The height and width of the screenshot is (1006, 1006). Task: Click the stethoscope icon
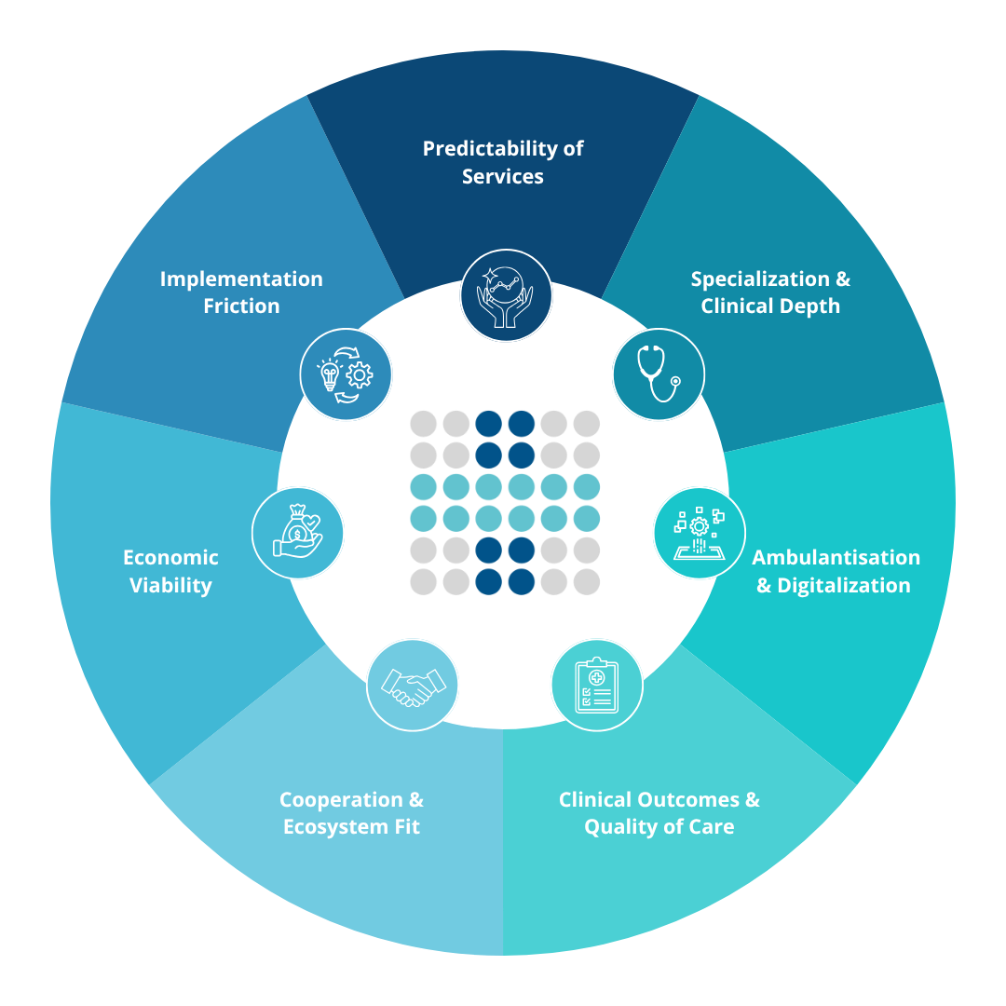[x=659, y=374]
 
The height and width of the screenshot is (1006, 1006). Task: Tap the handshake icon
[x=413, y=688]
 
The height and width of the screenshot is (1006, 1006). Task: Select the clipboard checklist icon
[x=596, y=685]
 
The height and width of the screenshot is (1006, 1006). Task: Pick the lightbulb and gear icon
[x=346, y=374]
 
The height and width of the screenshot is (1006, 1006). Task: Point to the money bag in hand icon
[x=298, y=533]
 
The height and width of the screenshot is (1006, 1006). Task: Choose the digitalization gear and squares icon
[x=699, y=533]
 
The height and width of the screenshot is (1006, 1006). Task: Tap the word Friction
[x=241, y=306]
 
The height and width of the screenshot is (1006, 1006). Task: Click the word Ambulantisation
[x=836, y=557]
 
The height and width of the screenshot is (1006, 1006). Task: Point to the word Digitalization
[x=844, y=585]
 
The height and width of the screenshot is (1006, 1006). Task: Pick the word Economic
[x=170, y=557]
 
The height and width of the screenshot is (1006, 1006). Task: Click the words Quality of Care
[x=659, y=826]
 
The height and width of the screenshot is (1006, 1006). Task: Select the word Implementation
[x=241, y=279]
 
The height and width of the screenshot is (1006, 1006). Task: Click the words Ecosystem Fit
[x=351, y=826]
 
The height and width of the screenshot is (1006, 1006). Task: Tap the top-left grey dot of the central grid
[x=423, y=424]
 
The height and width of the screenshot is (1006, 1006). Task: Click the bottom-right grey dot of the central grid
[x=586, y=582]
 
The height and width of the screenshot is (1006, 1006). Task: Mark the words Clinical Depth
[x=770, y=306]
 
